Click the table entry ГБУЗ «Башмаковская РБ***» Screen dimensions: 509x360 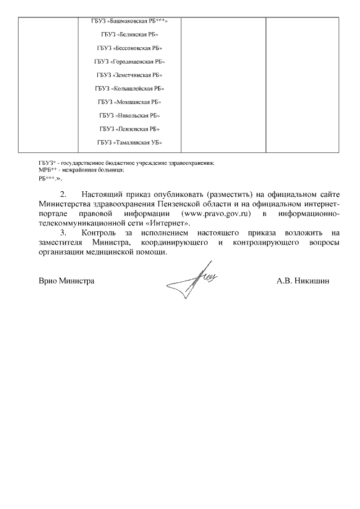click(129, 21)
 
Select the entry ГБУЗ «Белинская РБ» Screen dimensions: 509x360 click(129, 35)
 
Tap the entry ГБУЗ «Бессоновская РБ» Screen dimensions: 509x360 click(129, 48)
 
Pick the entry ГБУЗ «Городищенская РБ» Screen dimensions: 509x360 click(129, 61)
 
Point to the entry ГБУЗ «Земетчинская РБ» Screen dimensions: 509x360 click(129, 75)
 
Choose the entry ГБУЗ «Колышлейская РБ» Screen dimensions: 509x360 click(129, 88)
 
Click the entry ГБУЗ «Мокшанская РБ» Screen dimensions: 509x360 click(129, 102)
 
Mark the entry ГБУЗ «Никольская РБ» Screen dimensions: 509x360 click(129, 115)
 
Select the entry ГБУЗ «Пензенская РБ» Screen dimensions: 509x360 click(129, 129)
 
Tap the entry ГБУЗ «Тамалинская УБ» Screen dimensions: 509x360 click(129, 142)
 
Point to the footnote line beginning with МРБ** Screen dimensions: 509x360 click(81, 170)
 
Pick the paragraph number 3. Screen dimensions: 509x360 click(63, 232)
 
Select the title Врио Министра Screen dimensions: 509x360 click(66, 280)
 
